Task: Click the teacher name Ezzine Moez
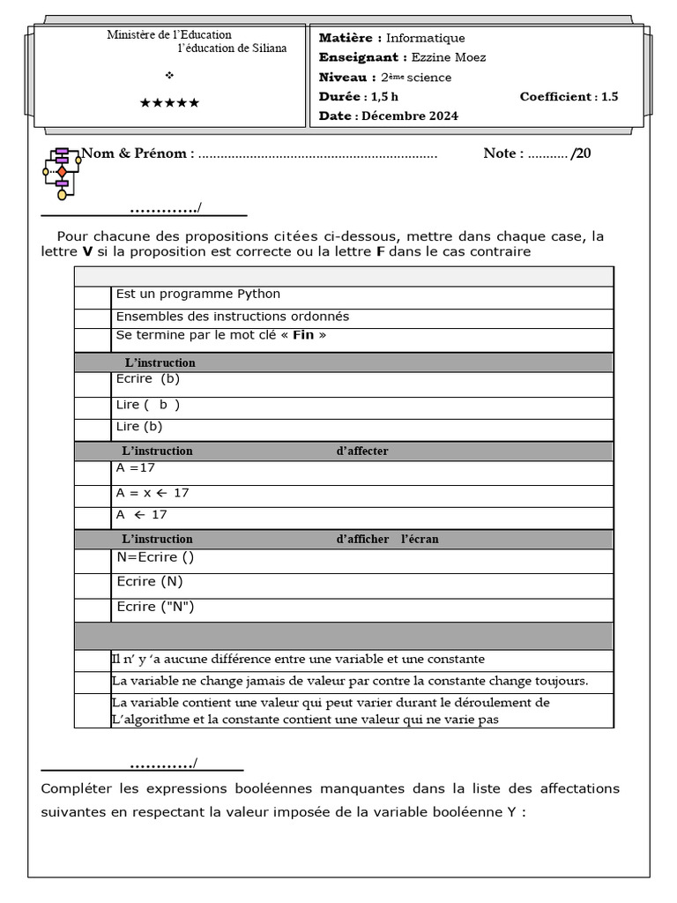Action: (x=449, y=57)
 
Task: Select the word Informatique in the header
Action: (x=426, y=38)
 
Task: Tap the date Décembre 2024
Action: (x=410, y=116)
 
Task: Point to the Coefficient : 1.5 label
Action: (x=569, y=96)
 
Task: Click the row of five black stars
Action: (x=170, y=103)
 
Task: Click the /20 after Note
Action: (x=581, y=153)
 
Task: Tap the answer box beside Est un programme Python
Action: (x=93, y=297)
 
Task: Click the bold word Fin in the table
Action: (x=303, y=336)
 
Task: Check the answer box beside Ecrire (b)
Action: (x=93, y=384)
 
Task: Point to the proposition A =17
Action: (x=136, y=468)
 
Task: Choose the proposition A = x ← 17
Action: (x=153, y=493)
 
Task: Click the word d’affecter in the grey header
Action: (x=362, y=451)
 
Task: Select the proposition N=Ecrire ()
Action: (x=155, y=557)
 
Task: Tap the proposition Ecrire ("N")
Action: (x=155, y=607)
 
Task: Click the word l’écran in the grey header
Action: (x=420, y=539)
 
